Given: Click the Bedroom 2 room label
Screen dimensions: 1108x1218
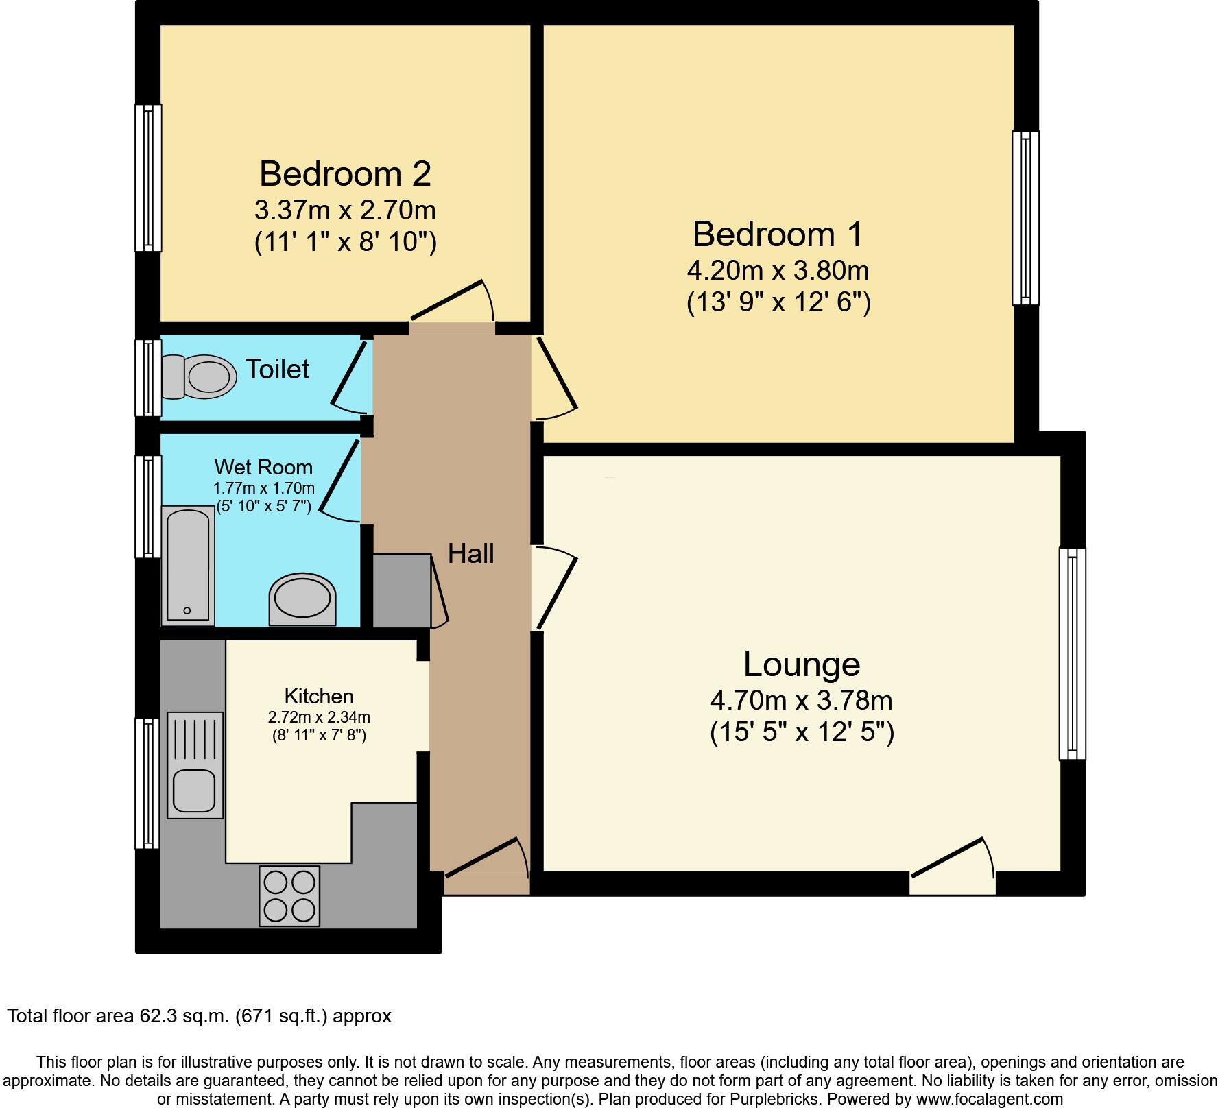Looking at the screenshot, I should [345, 173].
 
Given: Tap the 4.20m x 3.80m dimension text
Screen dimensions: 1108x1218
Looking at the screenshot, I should [778, 271].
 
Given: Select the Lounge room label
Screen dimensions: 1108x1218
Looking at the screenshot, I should [801, 664].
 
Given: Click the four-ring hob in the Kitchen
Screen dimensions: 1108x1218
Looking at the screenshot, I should [289, 896].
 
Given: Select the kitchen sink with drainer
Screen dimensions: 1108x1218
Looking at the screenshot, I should [195, 765].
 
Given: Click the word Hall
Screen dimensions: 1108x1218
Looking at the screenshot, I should [470, 554].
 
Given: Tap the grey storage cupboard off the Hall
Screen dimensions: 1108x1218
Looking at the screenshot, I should [401, 590].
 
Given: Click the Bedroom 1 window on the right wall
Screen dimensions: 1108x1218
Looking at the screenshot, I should [1025, 217].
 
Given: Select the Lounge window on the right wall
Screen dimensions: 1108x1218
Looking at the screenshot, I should [1072, 653].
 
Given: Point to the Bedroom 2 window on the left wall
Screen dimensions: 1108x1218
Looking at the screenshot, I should [148, 178].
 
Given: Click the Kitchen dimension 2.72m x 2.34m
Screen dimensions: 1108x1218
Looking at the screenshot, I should [319, 718].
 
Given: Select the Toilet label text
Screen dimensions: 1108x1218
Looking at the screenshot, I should [277, 369].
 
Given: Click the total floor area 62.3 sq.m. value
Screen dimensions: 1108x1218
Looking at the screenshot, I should [182, 1015].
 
